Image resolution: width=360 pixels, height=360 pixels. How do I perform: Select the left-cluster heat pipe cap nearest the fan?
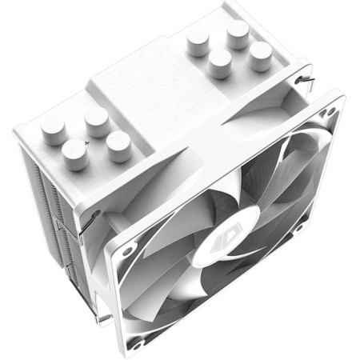click(x=118, y=146)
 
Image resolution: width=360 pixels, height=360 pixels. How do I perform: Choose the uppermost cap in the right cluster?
click(x=238, y=33)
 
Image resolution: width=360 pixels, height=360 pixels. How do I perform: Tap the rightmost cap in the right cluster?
click(x=259, y=56)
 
